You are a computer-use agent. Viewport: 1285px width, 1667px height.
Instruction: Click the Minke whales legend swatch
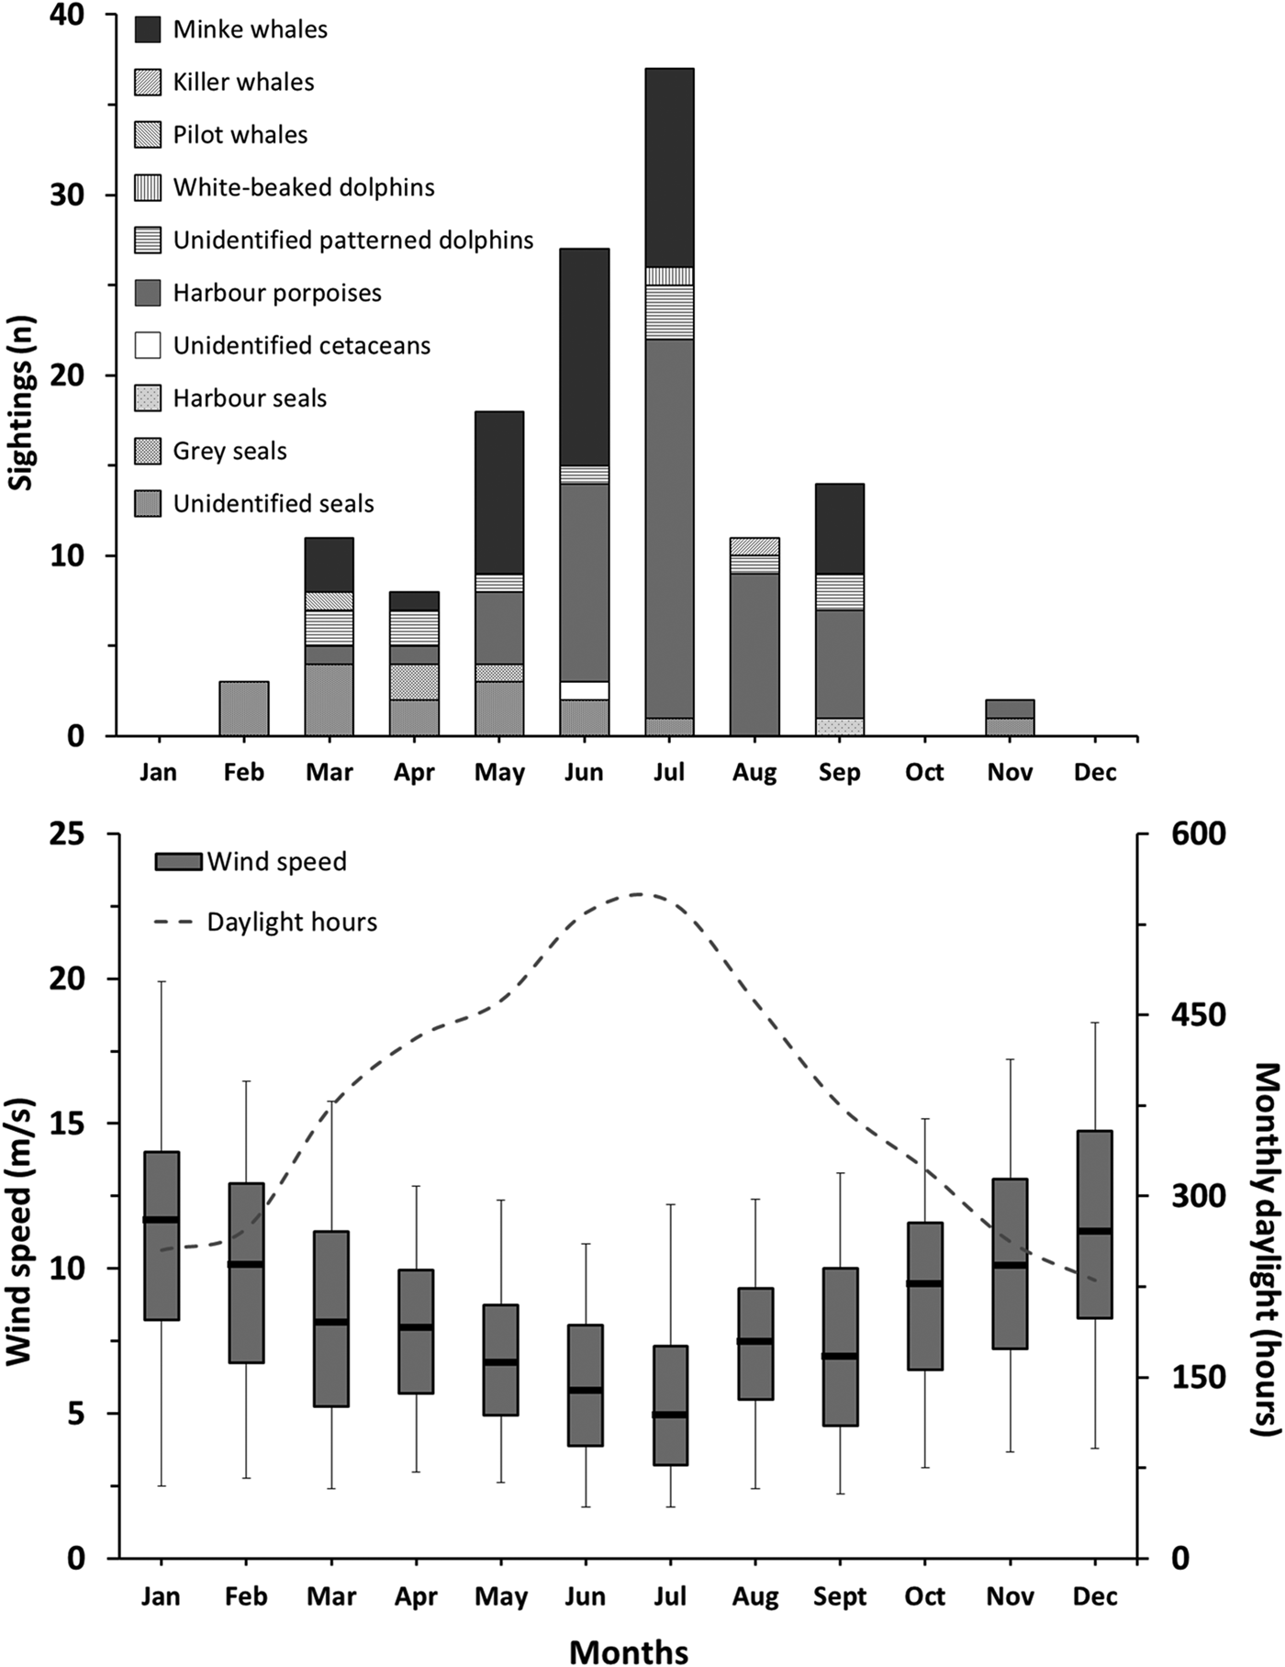tap(148, 29)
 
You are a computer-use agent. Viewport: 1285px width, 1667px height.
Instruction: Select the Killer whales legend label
tap(243, 83)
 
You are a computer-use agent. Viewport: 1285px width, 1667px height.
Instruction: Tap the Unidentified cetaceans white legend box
tap(148, 345)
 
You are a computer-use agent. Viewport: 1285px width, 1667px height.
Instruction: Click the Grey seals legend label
tap(229, 452)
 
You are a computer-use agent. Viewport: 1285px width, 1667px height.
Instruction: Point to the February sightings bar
tap(244, 709)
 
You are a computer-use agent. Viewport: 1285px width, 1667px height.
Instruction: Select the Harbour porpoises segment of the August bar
tap(754, 654)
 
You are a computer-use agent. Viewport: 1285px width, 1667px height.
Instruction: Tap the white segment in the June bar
tap(585, 690)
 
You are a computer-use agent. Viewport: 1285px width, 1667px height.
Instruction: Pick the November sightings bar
tap(1010, 718)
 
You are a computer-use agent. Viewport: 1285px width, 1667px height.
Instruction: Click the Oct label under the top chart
tap(924, 772)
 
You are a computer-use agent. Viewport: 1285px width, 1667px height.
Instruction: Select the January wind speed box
tap(162, 1235)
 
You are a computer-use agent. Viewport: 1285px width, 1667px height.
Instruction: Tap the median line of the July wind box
tap(670, 1415)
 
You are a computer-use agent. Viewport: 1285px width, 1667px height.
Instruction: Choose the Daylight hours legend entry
tap(266, 923)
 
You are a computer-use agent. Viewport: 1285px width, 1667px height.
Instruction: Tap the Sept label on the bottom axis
tap(839, 1596)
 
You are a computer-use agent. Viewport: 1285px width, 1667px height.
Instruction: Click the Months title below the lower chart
tap(630, 1651)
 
